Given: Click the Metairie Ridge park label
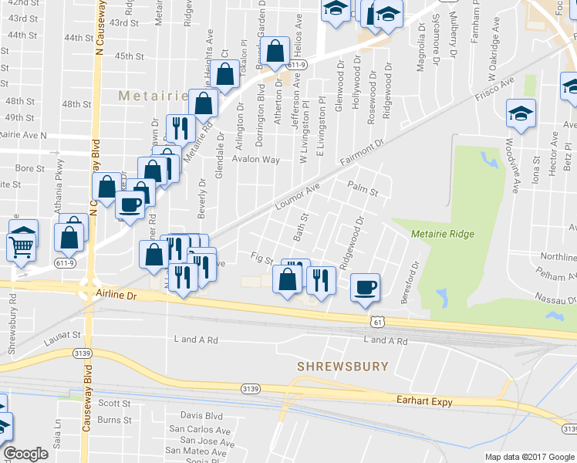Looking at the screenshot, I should click(x=443, y=234).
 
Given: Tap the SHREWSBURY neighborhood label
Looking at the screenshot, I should click(x=343, y=367).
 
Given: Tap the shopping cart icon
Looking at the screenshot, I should click(x=22, y=246).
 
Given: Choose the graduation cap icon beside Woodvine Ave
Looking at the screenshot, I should click(x=521, y=114).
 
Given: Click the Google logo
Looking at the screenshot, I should click(x=26, y=454).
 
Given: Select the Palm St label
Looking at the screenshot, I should click(x=362, y=188).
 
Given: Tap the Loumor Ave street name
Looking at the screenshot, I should click(x=297, y=198).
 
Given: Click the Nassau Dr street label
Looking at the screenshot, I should click(x=536, y=297).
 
